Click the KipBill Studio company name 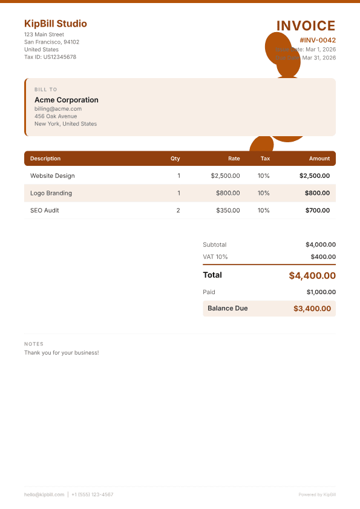56,24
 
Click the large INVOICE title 306,25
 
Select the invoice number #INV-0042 317,40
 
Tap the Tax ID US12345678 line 50,57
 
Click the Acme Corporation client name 67,100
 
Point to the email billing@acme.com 58,109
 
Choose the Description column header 45,159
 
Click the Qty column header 175,159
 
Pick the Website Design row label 53,176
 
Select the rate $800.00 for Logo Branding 228,193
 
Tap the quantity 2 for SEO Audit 178,211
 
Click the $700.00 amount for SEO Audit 318,211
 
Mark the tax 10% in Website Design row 264,176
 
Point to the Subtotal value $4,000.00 321,245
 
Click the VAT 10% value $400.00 324,257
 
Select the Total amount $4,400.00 312,275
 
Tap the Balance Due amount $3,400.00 312,308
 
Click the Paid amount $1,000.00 321,292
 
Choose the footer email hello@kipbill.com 44,494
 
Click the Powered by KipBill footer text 317,494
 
